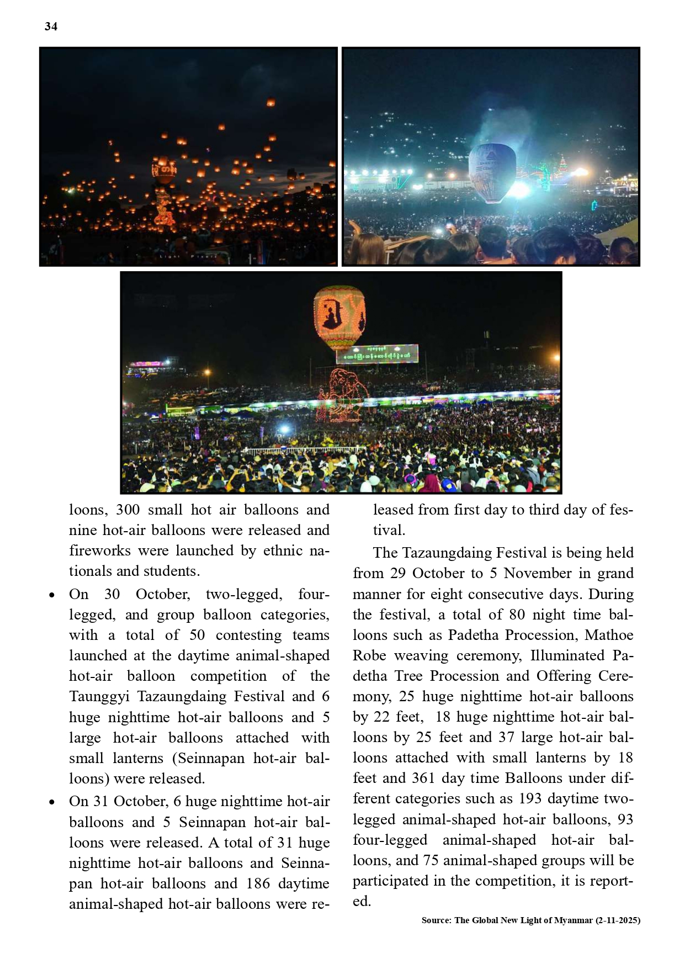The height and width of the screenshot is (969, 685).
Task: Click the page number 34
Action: tap(51, 27)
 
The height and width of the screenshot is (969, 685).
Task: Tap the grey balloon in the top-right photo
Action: tap(492, 172)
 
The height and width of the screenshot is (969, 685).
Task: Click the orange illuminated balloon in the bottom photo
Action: tap(339, 317)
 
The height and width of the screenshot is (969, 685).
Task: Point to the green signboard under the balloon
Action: tap(377, 354)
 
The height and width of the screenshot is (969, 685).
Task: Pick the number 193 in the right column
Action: tap(530, 798)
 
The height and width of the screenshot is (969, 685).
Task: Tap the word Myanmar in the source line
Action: tap(573, 920)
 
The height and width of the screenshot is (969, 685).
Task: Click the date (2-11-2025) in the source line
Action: tap(618, 920)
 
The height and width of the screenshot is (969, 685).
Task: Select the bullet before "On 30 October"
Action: tap(52, 595)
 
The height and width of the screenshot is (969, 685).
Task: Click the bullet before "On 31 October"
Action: tap(52, 802)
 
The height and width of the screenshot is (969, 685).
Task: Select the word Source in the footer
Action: tap(436, 920)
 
